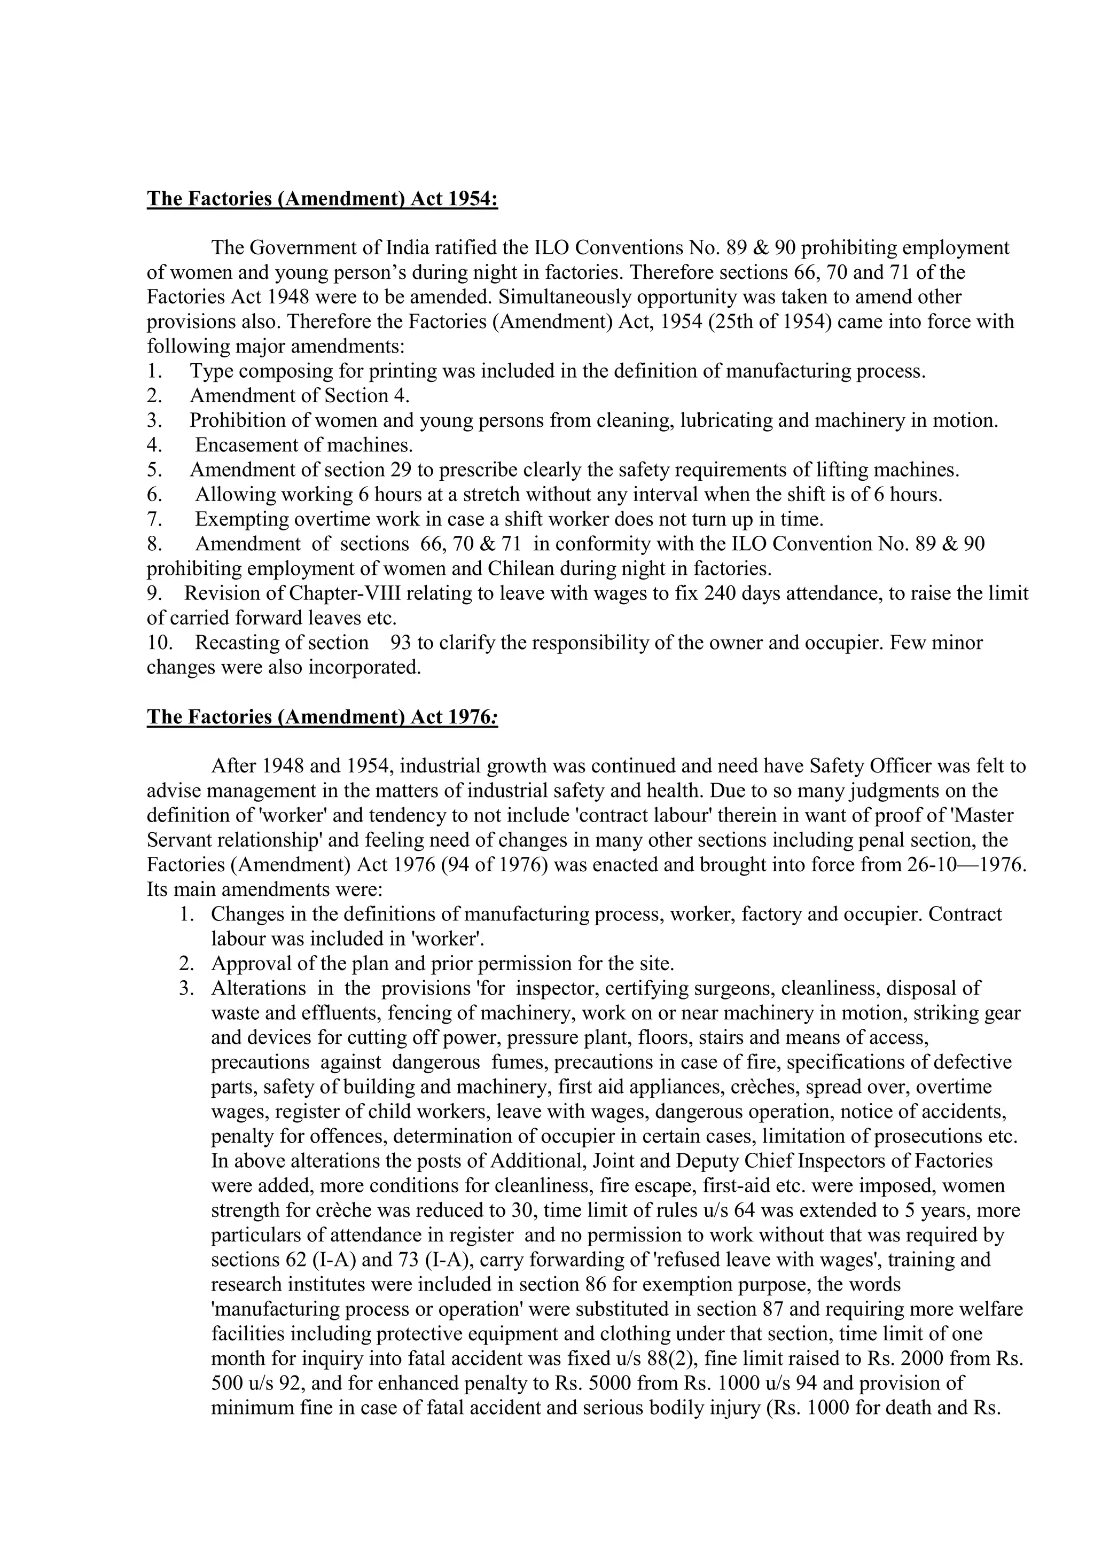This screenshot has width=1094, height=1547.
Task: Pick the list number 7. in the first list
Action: point(154,519)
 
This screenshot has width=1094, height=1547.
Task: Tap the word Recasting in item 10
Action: point(238,643)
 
